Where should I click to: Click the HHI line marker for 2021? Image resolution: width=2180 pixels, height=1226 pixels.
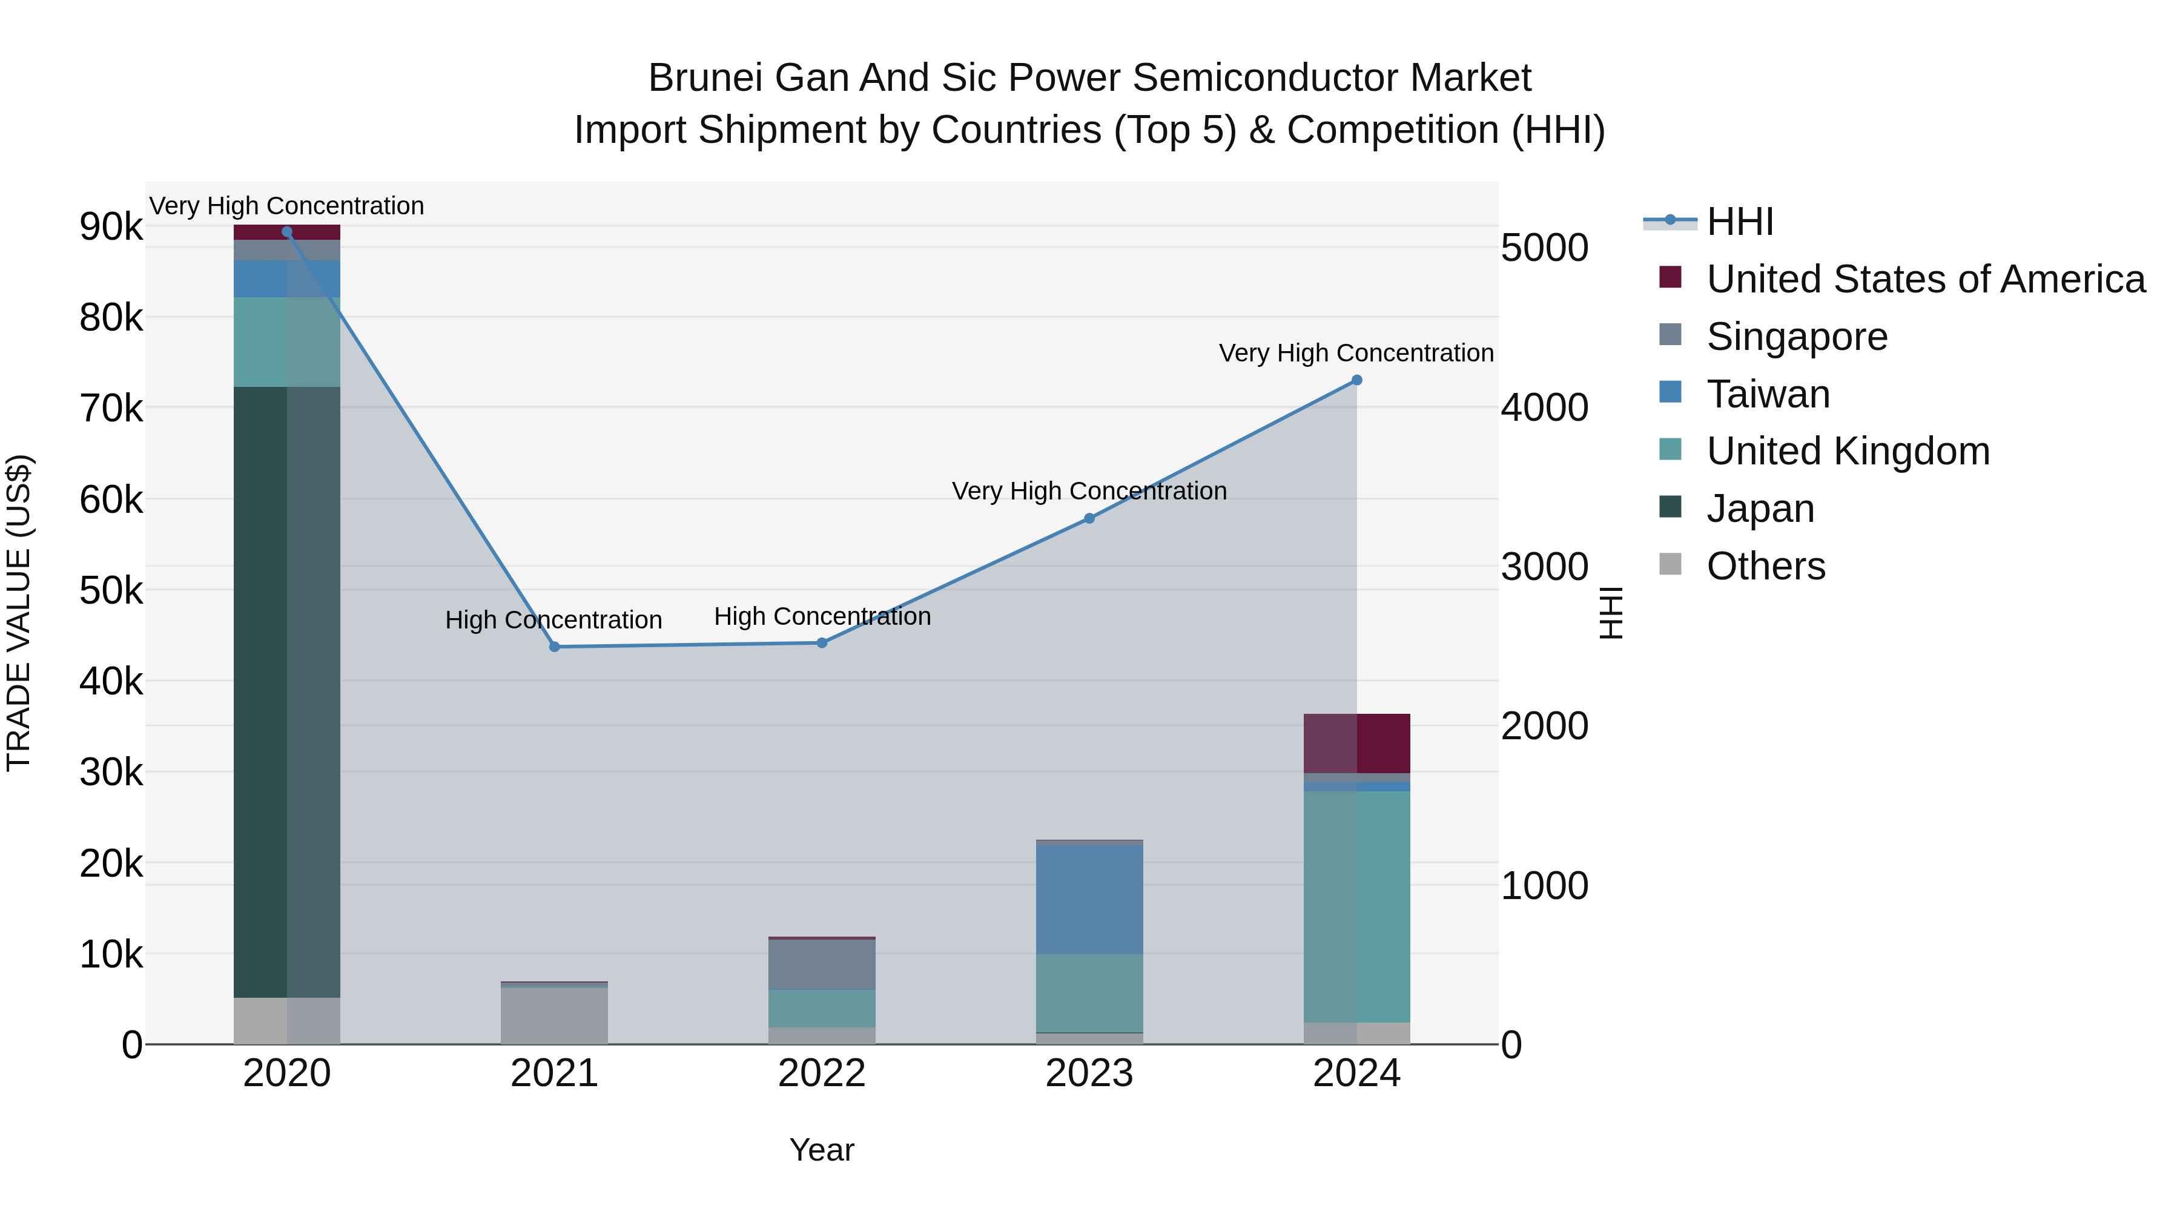tap(554, 647)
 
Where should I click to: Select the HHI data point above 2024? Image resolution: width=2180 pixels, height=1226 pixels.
tap(1356, 380)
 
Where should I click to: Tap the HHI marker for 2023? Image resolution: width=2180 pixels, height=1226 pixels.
tap(1089, 518)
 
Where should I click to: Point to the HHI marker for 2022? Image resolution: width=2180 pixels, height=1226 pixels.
tap(822, 642)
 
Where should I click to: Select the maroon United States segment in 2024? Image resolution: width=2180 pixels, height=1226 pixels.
tap(1356, 743)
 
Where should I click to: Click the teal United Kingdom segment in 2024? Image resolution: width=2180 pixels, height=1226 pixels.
tap(1356, 905)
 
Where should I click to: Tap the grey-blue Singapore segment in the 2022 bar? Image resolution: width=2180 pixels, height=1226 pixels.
tap(822, 964)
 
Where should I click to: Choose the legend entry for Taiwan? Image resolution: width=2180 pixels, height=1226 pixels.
tap(1767, 394)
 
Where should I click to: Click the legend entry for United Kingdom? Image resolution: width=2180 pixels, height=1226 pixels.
tap(1848, 451)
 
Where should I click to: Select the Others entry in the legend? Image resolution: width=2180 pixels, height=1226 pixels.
tap(1765, 566)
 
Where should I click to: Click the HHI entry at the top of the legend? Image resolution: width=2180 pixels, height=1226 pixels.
tap(1739, 222)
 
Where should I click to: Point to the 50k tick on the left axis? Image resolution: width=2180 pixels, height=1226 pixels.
tap(111, 590)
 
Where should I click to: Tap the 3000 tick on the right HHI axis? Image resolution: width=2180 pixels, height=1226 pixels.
tap(1544, 567)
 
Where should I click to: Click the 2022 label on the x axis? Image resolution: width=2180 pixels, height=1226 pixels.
tap(822, 1073)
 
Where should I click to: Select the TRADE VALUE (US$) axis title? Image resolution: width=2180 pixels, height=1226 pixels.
tap(19, 613)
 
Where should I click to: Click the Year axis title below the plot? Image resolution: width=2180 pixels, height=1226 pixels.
tap(822, 1150)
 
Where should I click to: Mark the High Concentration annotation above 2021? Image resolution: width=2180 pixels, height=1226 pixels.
tap(553, 620)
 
